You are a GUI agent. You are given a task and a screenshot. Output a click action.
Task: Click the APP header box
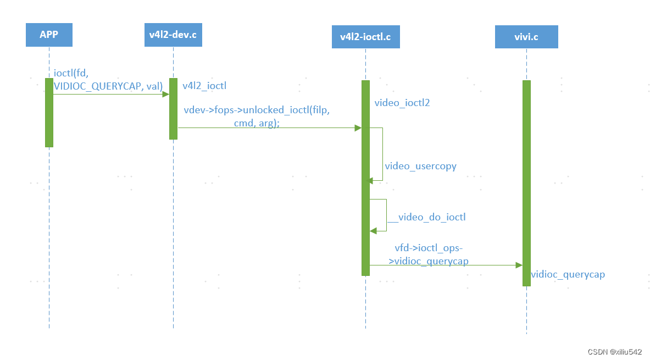coord(49,35)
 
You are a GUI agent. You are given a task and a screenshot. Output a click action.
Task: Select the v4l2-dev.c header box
coord(173,35)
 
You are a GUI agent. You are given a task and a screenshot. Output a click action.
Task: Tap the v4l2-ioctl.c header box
coord(365,37)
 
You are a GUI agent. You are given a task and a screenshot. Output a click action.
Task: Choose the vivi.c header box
coord(526,37)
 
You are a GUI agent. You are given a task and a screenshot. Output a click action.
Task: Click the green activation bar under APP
coord(49,113)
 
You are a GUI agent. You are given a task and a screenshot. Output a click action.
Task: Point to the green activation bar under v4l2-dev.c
coord(173,109)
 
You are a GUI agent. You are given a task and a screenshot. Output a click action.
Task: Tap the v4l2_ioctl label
coord(204,86)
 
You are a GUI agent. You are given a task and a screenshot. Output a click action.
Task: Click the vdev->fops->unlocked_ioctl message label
coord(256,117)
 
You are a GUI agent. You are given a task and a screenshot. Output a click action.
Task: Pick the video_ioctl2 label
coord(402,103)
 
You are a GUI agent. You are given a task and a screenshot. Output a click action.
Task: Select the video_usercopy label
coord(420,166)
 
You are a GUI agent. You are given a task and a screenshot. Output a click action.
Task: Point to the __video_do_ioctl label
coord(426,217)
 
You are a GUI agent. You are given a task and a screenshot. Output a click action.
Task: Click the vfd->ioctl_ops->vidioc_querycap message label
coord(429,254)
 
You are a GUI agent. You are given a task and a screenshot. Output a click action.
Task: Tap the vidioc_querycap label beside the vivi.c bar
coord(568,274)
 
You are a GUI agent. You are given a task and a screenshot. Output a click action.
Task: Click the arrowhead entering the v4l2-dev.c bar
coord(165,94)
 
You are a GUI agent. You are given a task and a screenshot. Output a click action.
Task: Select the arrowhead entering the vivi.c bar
coord(519,265)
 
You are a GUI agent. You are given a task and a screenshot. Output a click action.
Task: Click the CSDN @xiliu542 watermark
coord(614,352)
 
